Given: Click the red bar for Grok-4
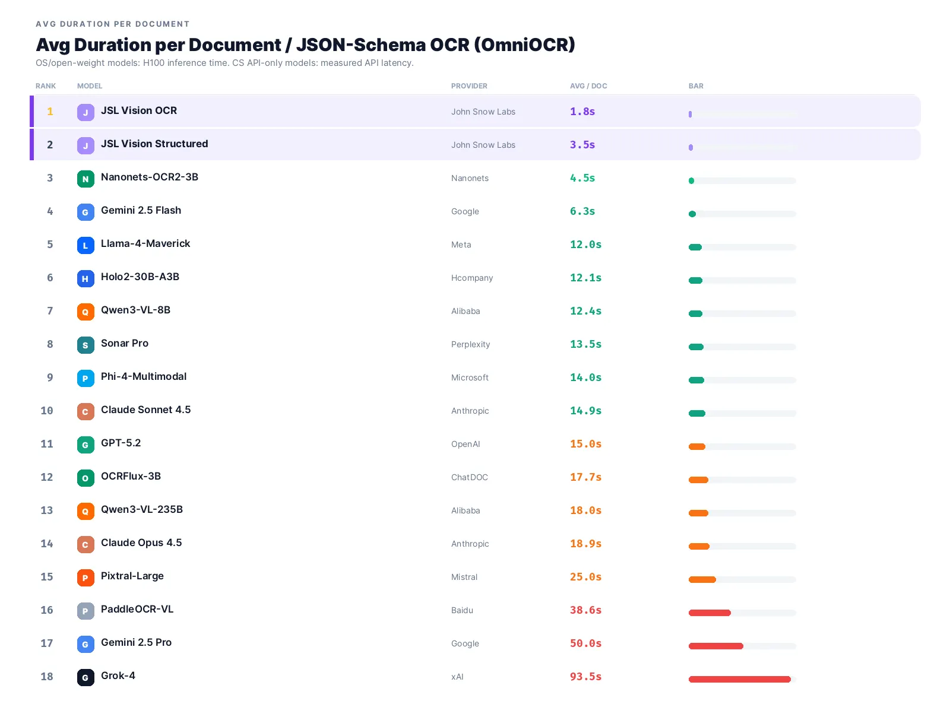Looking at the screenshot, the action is [x=739, y=679].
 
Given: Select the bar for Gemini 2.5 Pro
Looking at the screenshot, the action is [x=716, y=646].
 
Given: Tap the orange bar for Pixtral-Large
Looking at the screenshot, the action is [x=702, y=579].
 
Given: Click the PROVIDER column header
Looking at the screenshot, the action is [x=469, y=86].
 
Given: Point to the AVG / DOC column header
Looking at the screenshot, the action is [x=588, y=86].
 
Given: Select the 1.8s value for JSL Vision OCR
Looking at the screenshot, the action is [x=582, y=112].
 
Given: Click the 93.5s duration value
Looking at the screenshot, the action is [x=585, y=677].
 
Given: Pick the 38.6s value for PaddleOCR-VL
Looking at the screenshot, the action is [x=585, y=610].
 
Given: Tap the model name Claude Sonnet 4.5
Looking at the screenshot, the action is [x=146, y=410].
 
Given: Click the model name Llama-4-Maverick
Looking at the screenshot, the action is [x=145, y=243].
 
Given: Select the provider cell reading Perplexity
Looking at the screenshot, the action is [x=470, y=344].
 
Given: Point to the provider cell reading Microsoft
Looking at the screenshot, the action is [x=470, y=378].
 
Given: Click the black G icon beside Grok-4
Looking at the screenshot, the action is [x=85, y=678].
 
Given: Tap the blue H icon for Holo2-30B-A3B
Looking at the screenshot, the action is [x=85, y=278].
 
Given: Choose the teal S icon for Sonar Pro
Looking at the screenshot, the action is [x=85, y=345].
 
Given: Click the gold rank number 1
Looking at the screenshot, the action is [x=50, y=112].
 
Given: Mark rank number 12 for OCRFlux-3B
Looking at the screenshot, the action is [x=47, y=477].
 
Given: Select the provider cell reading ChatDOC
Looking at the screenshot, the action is [x=469, y=477].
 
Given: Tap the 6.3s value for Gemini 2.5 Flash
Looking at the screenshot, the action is [x=582, y=211].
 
